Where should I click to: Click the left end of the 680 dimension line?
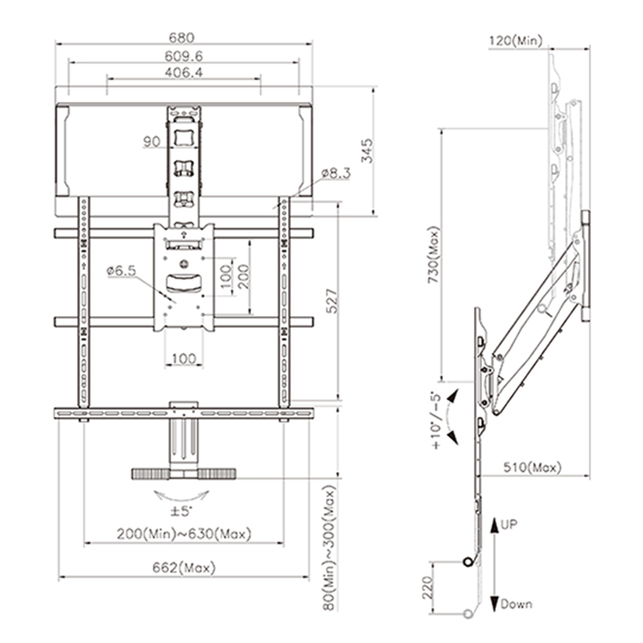56,43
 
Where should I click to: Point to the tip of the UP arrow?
494,519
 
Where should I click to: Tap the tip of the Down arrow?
494,610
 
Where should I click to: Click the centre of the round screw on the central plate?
184,264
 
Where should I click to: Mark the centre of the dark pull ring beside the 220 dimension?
467,562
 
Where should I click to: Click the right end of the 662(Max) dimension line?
309,577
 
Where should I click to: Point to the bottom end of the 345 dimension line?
374,215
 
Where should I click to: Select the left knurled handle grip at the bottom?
150,474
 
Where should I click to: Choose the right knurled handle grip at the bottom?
217,474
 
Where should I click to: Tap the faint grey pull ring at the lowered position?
467,614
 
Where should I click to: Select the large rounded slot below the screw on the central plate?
184,284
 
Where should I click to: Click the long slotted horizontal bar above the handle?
184,413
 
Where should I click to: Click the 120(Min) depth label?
516,41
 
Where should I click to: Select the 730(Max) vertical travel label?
434,255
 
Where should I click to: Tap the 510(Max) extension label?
532,467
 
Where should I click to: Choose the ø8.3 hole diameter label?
336,173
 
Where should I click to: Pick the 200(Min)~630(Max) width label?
184,534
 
